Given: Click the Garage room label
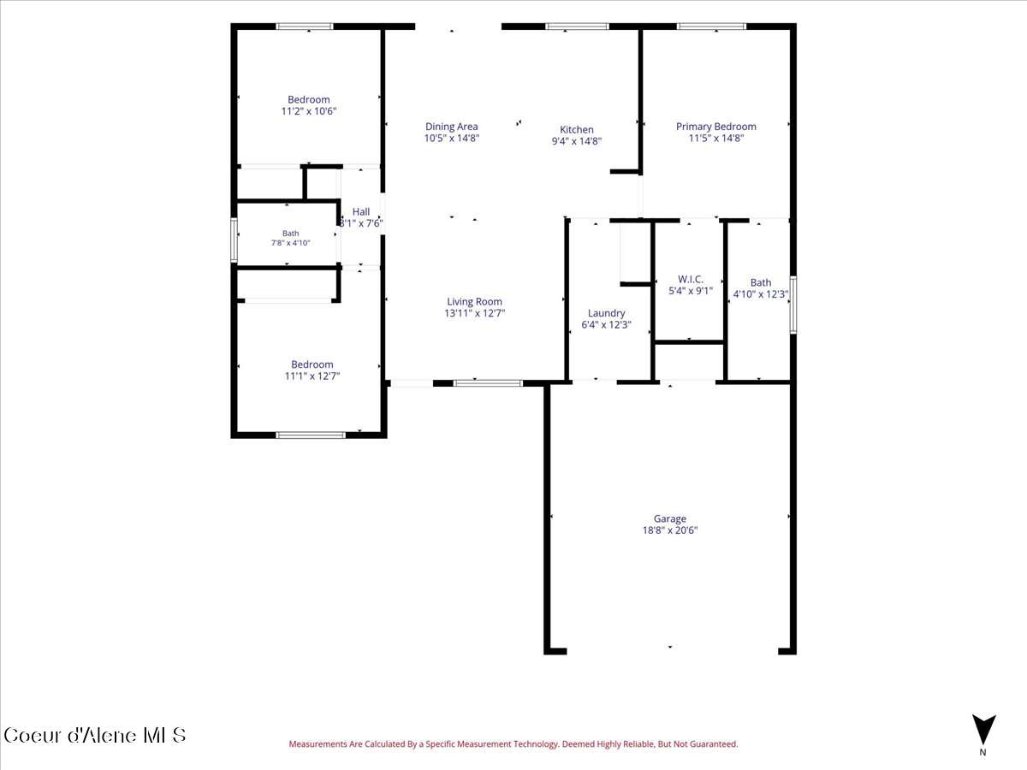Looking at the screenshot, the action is coord(669,518).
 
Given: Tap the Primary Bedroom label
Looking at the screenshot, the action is coord(715,127).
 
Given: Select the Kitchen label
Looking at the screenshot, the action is coord(577,129).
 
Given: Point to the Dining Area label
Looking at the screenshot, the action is coord(452,127).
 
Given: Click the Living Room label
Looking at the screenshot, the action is coord(474,301).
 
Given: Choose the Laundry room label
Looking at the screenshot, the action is coord(607,313).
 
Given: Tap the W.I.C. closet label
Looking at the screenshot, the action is coord(691,279).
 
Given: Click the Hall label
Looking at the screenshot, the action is coord(361,212).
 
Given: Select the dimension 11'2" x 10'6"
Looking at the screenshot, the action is coord(309,111).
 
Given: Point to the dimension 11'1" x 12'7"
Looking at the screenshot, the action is coord(312,376).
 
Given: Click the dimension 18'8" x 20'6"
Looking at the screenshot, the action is coord(669,530).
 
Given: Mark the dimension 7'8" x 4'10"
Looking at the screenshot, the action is coord(290,243).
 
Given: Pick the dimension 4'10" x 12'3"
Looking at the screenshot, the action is coord(761,294).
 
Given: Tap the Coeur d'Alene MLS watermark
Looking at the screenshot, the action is coord(94,736).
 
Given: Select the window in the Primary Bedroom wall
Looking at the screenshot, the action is coord(711,27).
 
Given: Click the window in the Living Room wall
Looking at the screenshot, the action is coord(488,383).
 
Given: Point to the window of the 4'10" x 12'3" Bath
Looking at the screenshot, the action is coord(793,305).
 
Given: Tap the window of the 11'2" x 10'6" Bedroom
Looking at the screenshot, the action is coord(305,27).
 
